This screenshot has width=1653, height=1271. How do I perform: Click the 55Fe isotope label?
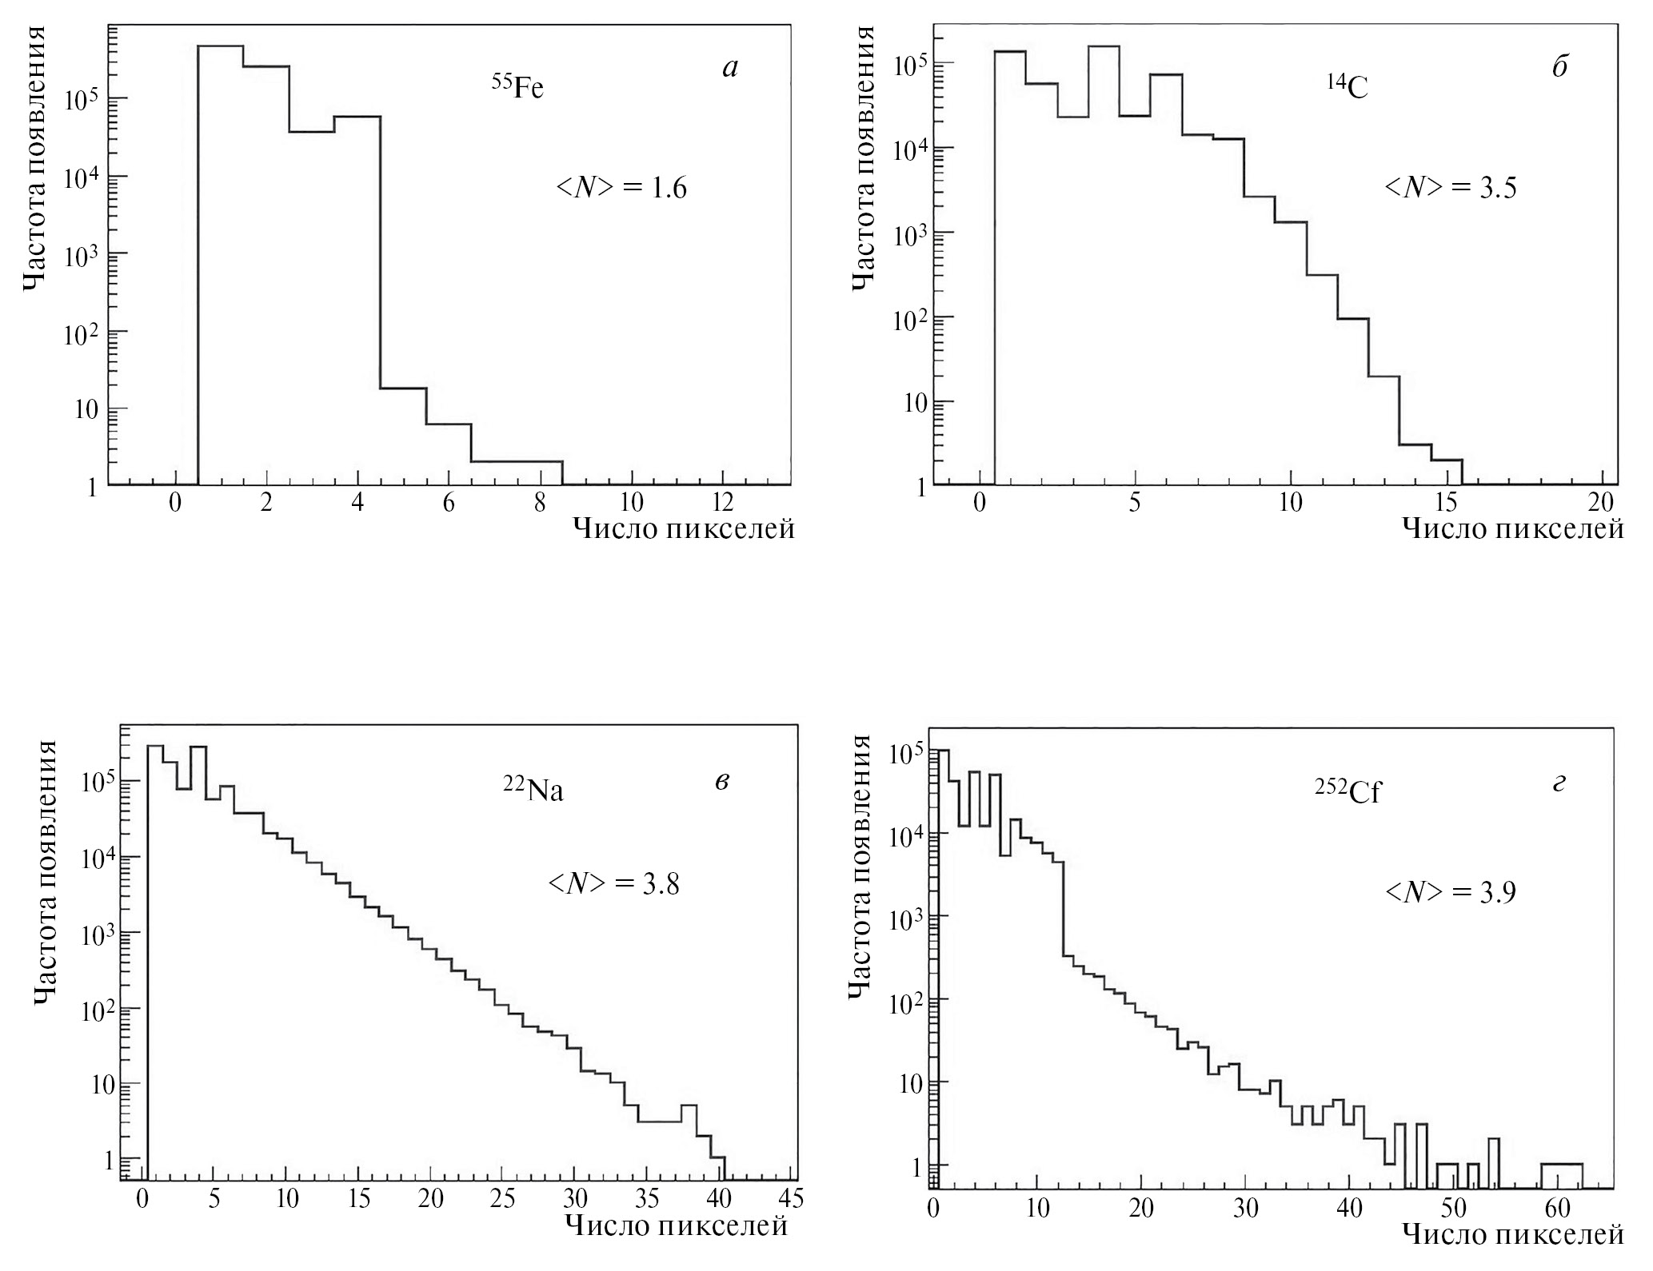click(517, 86)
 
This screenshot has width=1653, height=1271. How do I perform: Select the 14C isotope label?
click(1347, 86)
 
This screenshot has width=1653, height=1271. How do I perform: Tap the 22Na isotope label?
click(533, 790)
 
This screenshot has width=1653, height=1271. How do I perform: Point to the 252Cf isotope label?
click(1348, 790)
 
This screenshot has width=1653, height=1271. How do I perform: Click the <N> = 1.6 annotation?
click(621, 188)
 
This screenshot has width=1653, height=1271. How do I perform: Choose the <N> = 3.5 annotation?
click(1451, 188)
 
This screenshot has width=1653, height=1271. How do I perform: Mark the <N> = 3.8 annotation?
click(614, 884)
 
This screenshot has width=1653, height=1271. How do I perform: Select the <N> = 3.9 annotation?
click(1451, 891)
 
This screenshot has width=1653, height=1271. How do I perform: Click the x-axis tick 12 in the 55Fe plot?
click(723, 505)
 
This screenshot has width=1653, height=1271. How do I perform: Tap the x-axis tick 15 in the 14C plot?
click(1446, 505)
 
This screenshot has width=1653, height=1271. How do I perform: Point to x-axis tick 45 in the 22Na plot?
click(791, 1200)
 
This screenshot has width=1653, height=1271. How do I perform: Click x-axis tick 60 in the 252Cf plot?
click(1560, 1208)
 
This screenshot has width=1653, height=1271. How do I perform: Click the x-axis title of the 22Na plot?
click(677, 1225)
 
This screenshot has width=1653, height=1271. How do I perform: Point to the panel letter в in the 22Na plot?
click(721, 781)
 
